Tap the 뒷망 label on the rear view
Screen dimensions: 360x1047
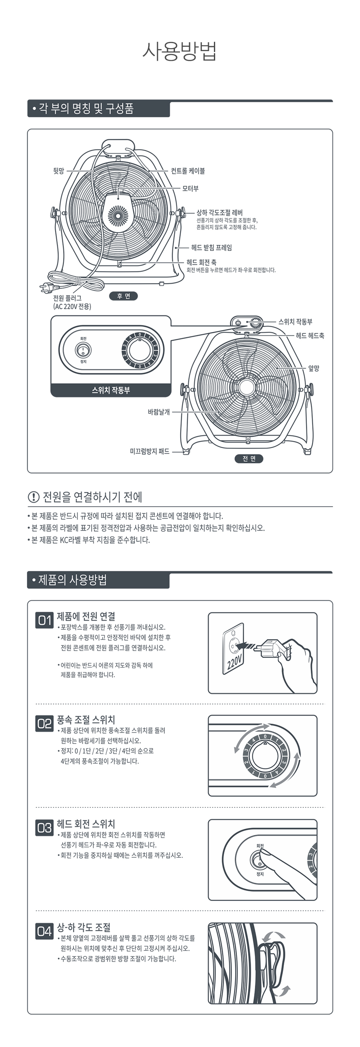(58, 171)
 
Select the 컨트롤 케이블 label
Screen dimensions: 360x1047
(188, 171)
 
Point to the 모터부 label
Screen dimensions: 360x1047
(190, 188)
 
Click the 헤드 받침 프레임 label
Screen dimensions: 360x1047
(211, 248)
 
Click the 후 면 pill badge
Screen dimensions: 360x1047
(123, 296)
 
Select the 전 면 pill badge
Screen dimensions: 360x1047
(249, 459)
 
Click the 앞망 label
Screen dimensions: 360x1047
(314, 368)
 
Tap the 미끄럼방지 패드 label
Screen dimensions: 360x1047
(149, 451)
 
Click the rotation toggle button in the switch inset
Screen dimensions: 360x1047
(83, 350)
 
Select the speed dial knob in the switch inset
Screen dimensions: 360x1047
(139, 350)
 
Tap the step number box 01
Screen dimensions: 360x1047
(45, 620)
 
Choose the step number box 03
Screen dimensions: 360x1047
(45, 828)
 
